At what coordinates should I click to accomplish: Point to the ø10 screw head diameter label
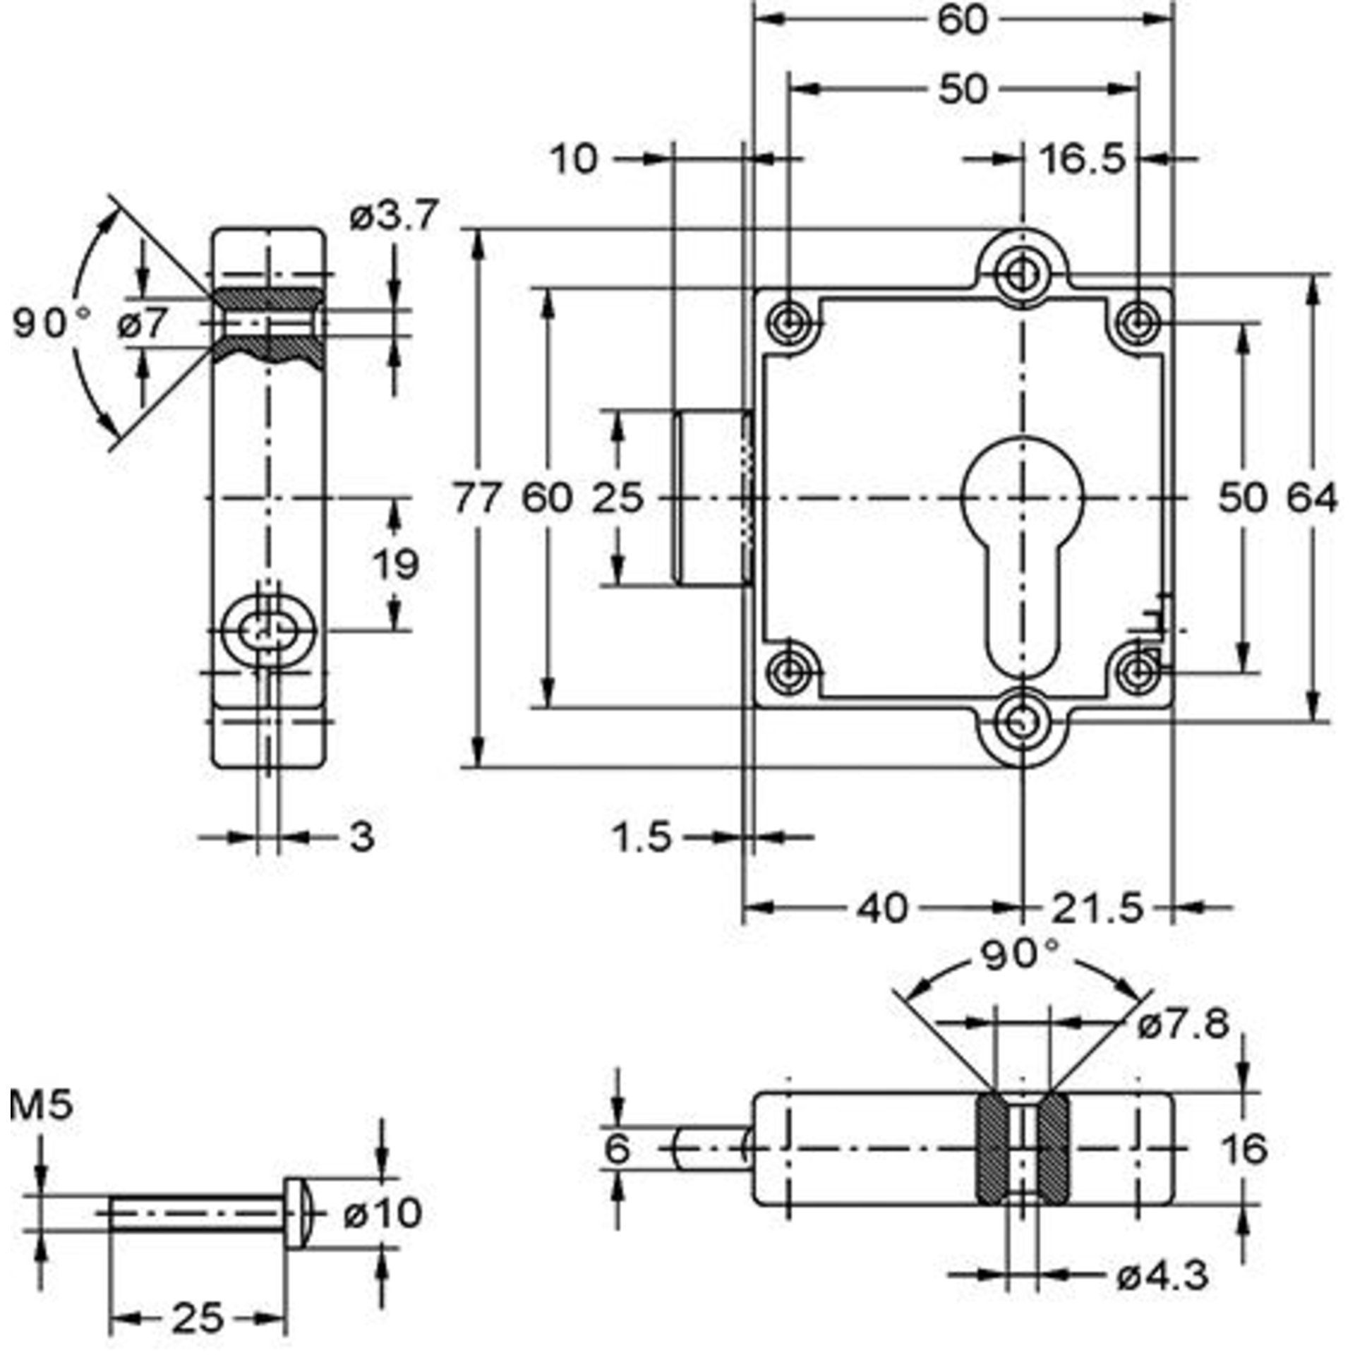tap(382, 1213)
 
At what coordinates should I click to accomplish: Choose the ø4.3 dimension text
tap(1162, 1275)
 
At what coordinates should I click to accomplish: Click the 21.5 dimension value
tap(1095, 908)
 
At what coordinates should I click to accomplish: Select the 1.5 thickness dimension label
tap(642, 838)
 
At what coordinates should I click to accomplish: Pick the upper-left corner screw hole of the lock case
tap(788, 324)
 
